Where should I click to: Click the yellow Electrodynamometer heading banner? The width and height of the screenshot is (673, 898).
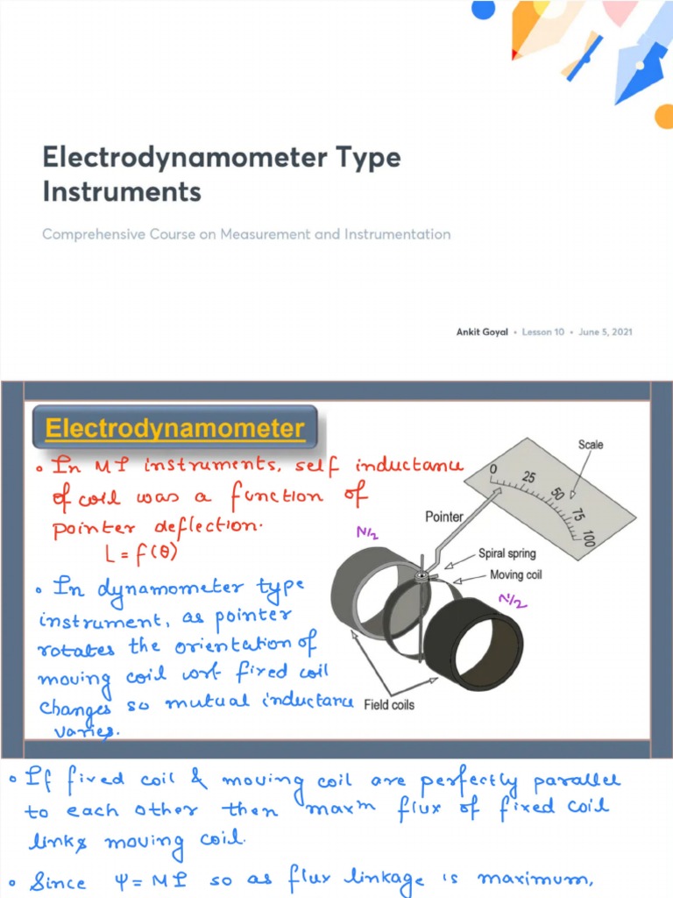pyautogui.click(x=174, y=430)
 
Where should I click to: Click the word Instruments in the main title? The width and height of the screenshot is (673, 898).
pyautogui.click(x=122, y=191)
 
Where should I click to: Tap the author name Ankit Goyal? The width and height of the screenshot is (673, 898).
pyautogui.click(x=482, y=332)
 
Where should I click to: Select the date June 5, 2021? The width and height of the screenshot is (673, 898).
pyautogui.click(x=606, y=332)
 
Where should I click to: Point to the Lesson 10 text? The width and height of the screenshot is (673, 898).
pyautogui.click(x=543, y=332)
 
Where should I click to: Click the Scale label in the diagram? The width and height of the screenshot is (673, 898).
pyautogui.click(x=591, y=445)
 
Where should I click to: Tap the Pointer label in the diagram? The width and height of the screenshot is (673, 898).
pyautogui.click(x=444, y=517)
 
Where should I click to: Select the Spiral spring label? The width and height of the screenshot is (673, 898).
pyautogui.click(x=507, y=553)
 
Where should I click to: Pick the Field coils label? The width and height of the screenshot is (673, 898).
pyautogui.click(x=390, y=704)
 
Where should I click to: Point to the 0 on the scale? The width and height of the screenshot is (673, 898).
pyautogui.click(x=493, y=471)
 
